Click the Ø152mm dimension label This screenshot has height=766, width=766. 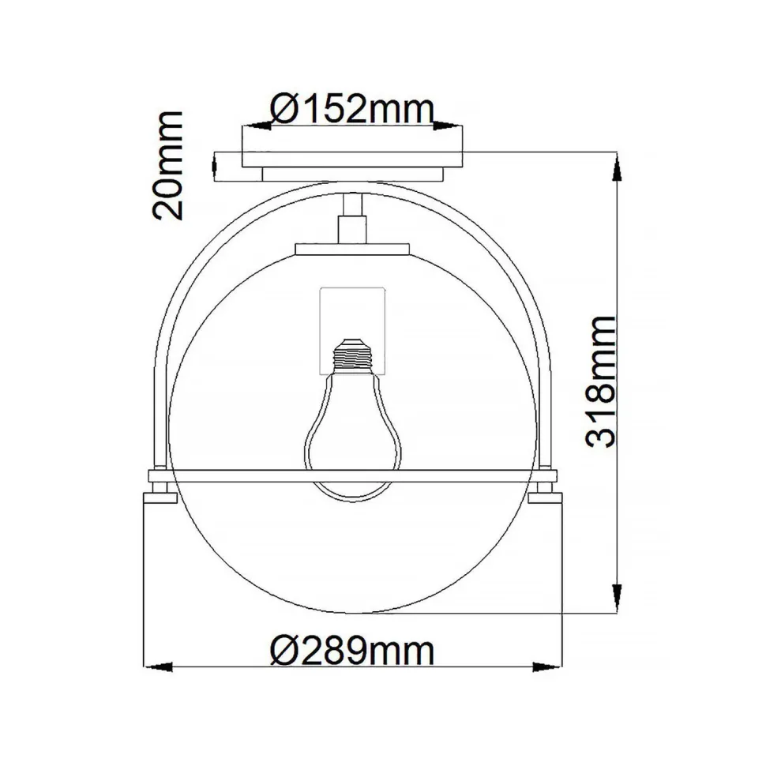coord(351,108)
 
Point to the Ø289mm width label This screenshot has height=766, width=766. coord(351,652)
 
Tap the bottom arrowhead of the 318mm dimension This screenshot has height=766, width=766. coord(617,600)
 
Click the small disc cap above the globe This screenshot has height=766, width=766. coord(353,249)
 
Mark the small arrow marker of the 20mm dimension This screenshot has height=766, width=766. coord(216,164)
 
